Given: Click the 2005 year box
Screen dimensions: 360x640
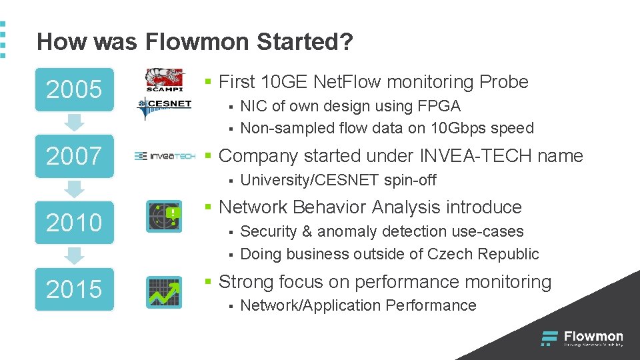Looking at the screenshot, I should coord(74,89).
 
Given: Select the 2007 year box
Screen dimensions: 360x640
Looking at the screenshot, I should coord(74,156).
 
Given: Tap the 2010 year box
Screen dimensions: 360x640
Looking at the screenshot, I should coord(74,222).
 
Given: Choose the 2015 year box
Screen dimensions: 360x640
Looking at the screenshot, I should coord(74,289).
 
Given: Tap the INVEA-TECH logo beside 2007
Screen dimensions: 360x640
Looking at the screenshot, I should coord(165,156).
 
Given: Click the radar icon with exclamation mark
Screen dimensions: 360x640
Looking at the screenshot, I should coord(164,216).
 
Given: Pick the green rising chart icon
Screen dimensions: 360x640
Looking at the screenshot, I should coord(164,292).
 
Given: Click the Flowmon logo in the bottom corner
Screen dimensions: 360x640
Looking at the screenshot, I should coord(582,339).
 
